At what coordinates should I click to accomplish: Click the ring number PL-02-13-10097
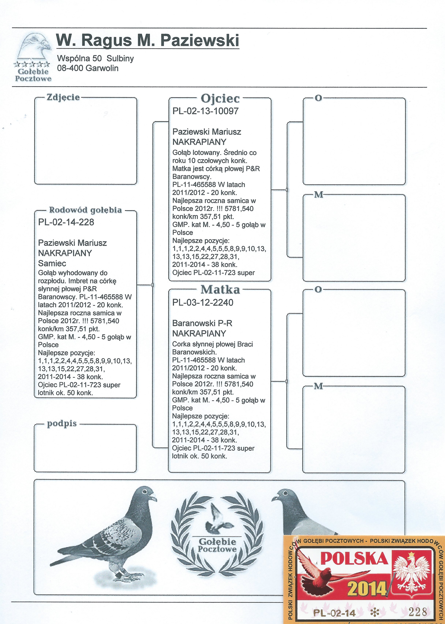[205, 111]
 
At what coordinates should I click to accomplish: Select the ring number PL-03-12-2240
[203, 302]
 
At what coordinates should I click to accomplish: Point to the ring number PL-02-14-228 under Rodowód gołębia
[66, 222]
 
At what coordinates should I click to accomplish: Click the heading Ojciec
[220, 98]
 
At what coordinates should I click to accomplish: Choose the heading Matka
[220, 289]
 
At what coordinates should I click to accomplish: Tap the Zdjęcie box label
[63, 97]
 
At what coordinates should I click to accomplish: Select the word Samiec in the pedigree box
[52, 263]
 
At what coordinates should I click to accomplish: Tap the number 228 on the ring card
[417, 612]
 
